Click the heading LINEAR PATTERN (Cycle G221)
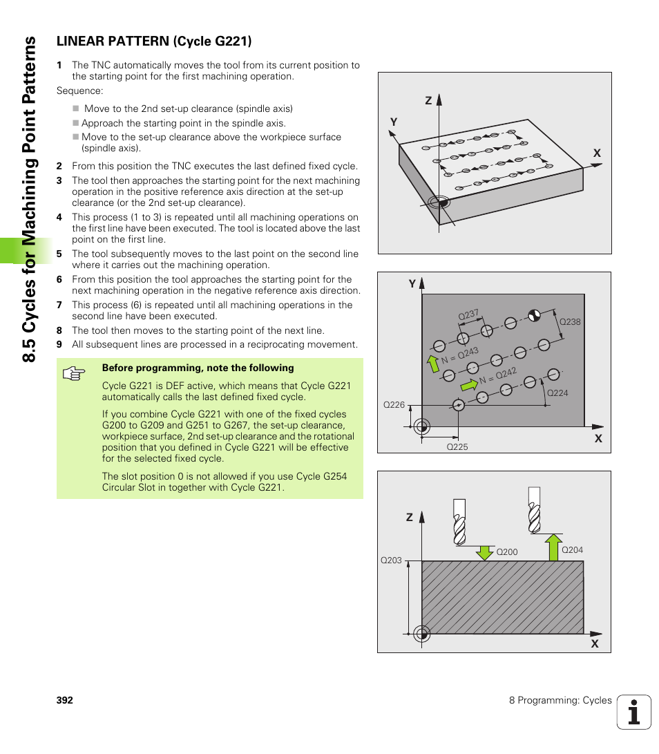153,41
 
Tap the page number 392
64,700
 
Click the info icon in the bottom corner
634,712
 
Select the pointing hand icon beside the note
73,374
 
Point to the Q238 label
570,321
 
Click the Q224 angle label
557,393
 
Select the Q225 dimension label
457,447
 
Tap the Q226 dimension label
394,405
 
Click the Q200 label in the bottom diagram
507,552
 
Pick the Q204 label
572,550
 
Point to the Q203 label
391,560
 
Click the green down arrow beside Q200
485,552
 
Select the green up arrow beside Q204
552,547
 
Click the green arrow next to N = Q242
469,384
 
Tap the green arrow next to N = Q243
432,363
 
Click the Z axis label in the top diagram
428,101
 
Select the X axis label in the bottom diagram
594,644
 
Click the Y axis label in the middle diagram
412,283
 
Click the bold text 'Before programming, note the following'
198,368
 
